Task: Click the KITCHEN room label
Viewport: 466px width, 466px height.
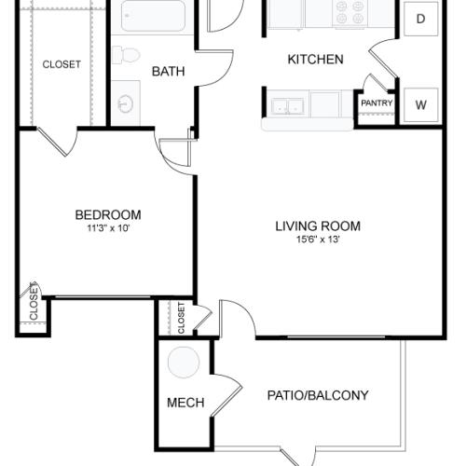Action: click(x=315, y=60)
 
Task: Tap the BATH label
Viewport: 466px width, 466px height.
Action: click(x=168, y=72)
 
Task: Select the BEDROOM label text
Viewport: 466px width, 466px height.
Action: click(x=108, y=215)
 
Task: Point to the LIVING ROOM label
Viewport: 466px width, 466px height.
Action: click(x=318, y=226)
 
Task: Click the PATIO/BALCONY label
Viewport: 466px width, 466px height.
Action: click(x=318, y=395)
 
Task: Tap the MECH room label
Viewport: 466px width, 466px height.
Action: click(x=185, y=403)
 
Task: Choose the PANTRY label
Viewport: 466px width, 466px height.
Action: click(x=377, y=103)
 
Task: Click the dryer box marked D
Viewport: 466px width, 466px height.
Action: click(x=420, y=19)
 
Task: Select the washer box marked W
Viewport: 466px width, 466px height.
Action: click(x=420, y=105)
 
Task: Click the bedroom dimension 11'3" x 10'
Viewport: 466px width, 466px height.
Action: click(x=108, y=228)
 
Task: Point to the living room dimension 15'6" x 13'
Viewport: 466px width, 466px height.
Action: click(x=318, y=240)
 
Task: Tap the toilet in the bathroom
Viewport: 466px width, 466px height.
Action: click(x=126, y=55)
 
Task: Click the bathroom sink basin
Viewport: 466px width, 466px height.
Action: click(x=126, y=103)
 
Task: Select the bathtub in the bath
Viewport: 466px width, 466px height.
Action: click(x=153, y=16)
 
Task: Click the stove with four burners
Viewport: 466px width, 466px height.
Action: click(x=349, y=14)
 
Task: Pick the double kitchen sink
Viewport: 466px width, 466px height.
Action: click(x=287, y=106)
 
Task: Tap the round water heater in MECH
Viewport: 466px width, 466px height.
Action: click(x=184, y=362)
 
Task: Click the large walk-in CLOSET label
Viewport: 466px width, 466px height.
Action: click(x=62, y=64)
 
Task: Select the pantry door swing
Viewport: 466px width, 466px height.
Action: click(x=377, y=82)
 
